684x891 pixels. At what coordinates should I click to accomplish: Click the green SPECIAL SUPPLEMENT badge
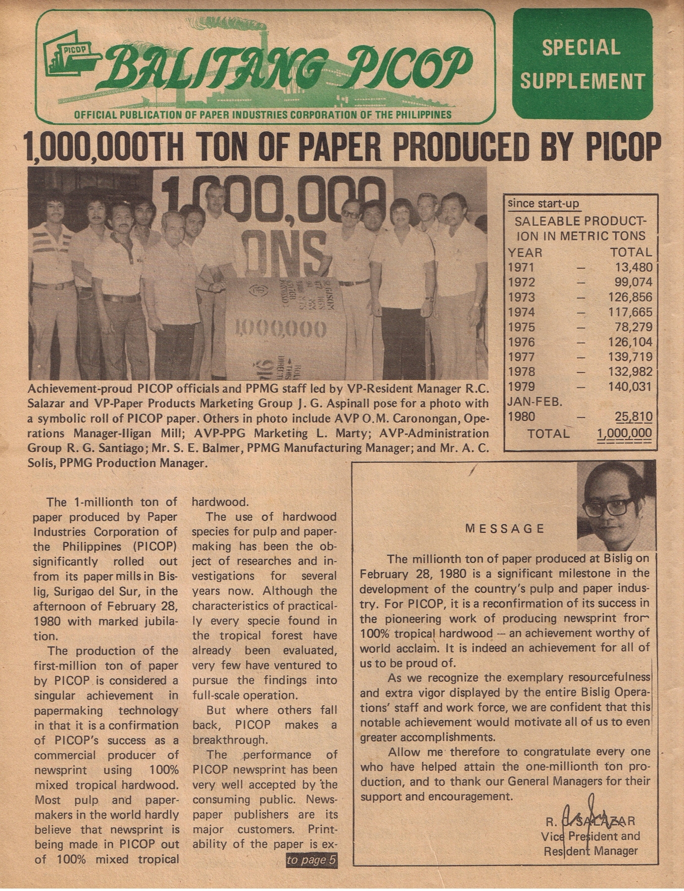pyautogui.click(x=583, y=64)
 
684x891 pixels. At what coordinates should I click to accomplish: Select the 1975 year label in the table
pyautogui.click(x=521, y=327)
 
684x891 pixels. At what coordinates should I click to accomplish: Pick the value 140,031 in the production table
pyautogui.click(x=630, y=387)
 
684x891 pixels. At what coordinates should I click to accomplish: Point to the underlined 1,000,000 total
pyautogui.click(x=624, y=434)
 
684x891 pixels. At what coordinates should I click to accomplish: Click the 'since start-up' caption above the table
pyautogui.click(x=543, y=203)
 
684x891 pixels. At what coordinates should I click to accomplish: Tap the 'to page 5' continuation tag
pyautogui.click(x=312, y=860)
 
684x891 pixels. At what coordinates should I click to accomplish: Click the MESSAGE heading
pyautogui.click(x=504, y=529)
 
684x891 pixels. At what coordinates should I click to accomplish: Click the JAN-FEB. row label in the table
pyautogui.click(x=535, y=401)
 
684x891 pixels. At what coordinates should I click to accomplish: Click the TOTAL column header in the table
pyautogui.click(x=631, y=252)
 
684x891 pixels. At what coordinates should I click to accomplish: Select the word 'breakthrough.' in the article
pyautogui.click(x=229, y=740)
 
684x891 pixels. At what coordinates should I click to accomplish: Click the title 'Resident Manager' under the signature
pyautogui.click(x=590, y=851)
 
